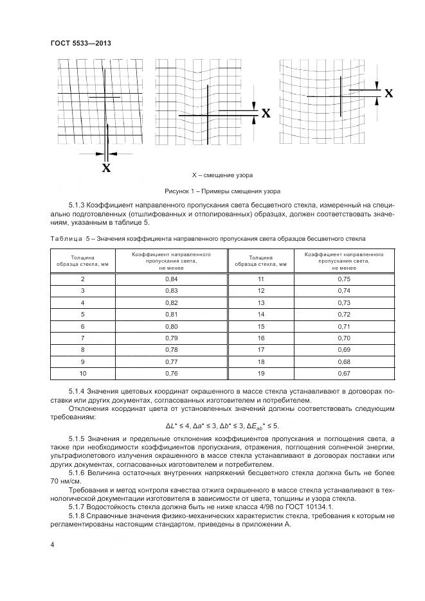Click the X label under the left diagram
tap(106, 168)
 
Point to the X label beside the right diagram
tap(388, 94)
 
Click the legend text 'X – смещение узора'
tap(222, 175)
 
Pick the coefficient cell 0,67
tap(343, 373)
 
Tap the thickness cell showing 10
tap(82, 373)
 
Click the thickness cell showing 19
tap(261, 373)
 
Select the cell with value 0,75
tap(343, 279)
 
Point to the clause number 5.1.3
tap(78, 206)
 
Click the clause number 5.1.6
tap(78, 473)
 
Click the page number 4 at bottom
tap(51, 545)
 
